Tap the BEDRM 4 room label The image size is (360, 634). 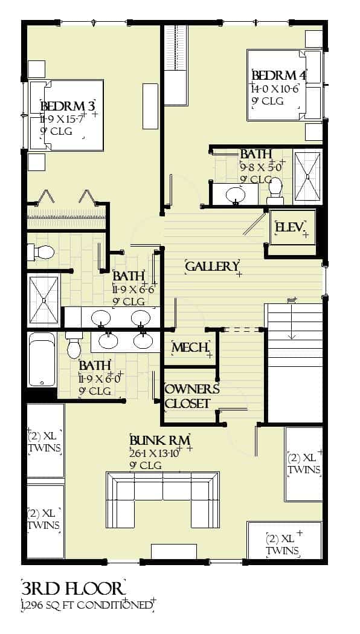[278, 76]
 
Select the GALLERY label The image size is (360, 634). [211, 267]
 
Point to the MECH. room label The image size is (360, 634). [190, 348]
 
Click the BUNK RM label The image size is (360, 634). [160, 439]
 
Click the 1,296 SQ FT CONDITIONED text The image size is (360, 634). [86, 605]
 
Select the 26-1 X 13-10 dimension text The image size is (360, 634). [155, 452]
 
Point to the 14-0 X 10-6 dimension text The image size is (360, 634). [275, 88]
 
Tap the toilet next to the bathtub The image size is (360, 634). [74, 345]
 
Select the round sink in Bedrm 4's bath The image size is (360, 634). [235, 195]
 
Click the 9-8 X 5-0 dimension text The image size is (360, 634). [260, 166]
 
